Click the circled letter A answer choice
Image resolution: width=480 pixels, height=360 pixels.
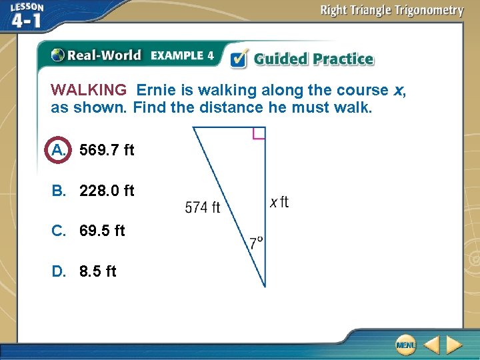point(59,150)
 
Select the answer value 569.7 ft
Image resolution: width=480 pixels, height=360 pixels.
point(107,151)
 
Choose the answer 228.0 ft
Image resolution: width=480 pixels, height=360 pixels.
point(107,191)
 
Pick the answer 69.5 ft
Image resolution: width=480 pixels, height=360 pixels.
point(102,231)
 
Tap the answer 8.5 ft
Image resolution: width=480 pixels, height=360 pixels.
point(97,271)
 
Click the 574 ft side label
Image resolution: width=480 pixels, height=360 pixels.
point(202,208)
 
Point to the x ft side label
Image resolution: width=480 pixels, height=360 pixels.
point(279,202)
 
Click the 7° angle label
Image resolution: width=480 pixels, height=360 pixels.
point(257,243)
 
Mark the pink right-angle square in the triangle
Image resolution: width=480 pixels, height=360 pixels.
point(259,133)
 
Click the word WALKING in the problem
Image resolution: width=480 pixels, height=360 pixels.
point(89,90)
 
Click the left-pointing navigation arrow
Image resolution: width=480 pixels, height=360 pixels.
point(432,345)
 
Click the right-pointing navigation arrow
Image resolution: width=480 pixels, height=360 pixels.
point(454,345)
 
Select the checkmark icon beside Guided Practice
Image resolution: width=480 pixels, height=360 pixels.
point(239,59)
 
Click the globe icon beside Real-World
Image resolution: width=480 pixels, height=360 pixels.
point(57,55)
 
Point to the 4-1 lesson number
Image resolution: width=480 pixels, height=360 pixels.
point(27,21)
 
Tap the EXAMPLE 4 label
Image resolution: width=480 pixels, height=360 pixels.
point(182,55)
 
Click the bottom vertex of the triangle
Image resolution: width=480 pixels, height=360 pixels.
point(265,287)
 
